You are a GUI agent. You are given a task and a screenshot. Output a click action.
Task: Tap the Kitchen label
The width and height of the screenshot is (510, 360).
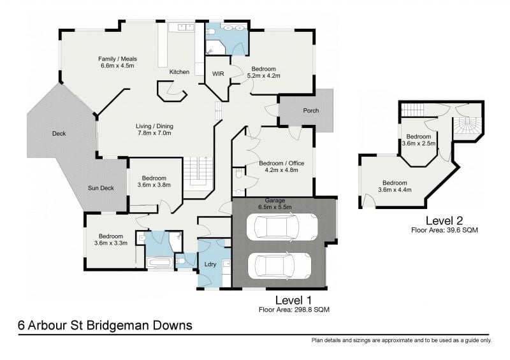click(x=179, y=72)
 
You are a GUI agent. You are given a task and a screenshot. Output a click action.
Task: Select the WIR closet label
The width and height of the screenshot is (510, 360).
click(x=217, y=74)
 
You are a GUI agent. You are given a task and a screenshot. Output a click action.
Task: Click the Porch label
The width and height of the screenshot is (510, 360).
click(x=310, y=111)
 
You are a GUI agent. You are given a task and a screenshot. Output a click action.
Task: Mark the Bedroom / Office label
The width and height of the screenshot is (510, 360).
click(x=281, y=163)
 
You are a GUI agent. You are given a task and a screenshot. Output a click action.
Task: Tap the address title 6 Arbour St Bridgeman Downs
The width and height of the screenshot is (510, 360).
click(x=105, y=326)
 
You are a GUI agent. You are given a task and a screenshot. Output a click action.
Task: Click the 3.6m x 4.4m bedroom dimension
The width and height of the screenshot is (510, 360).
click(x=395, y=189)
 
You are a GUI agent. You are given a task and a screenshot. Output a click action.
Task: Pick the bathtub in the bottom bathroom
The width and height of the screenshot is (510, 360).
click(x=159, y=263)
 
